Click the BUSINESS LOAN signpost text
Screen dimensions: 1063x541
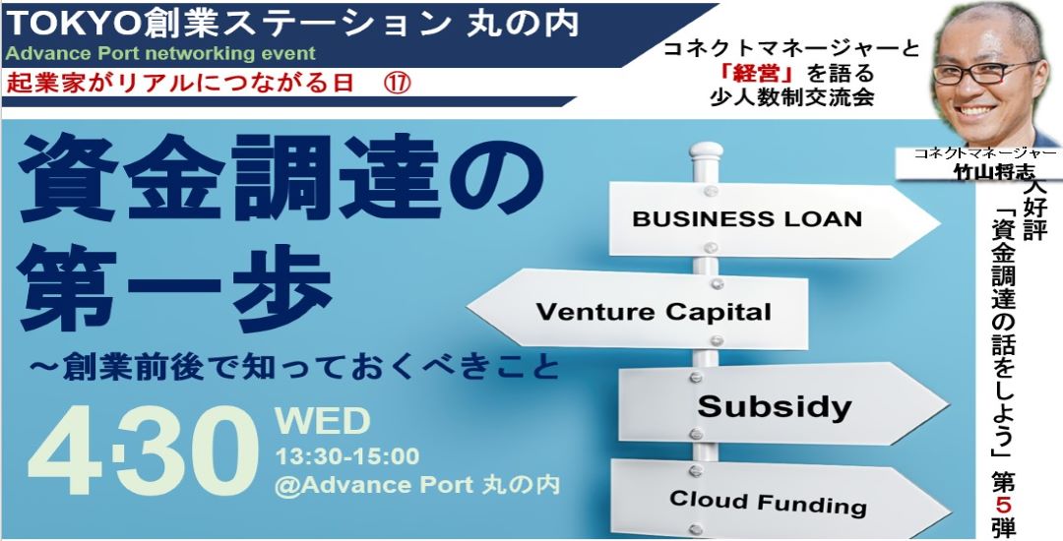click(x=747, y=219)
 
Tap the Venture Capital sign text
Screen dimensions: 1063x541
click(x=654, y=312)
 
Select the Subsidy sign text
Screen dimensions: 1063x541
click(x=775, y=406)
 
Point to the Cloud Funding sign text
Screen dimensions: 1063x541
click(x=768, y=503)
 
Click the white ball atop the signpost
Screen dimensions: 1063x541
click(x=706, y=151)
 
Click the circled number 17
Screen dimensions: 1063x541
click(x=398, y=84)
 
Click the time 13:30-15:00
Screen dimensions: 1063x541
click(x=346, y=456)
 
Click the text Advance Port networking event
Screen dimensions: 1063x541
click(x=160, y=53)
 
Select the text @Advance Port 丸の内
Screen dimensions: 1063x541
click(x=417, y=486)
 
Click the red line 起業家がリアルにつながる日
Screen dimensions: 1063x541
click(x=180, y=84)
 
